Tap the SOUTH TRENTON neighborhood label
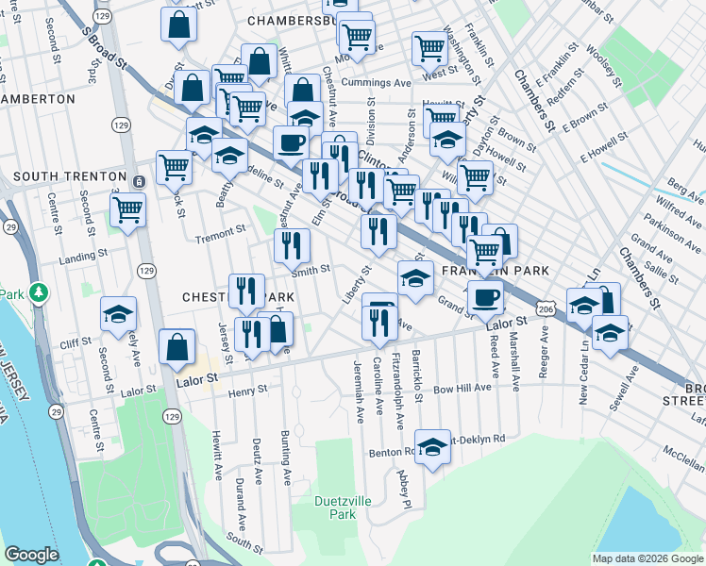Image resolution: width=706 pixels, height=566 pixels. point(69,176)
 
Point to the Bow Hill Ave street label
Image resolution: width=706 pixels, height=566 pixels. point(462,388)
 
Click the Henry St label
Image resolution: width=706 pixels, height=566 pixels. point(248,389)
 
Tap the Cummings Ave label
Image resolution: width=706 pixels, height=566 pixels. point(377,83)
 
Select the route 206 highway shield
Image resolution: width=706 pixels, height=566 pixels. point(545,308)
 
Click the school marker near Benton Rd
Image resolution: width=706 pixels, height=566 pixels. point(432,446)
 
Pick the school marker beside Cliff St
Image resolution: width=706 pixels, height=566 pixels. point(119,313)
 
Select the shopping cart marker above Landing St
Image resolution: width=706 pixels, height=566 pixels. point(127,208)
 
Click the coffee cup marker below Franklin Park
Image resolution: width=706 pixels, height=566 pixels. point(485,297)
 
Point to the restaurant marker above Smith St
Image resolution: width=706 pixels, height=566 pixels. point(292,245)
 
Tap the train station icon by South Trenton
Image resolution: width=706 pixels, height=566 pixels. point(139,181)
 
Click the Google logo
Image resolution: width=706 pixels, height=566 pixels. point(32,555)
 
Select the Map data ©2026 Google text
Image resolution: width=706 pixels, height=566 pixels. point(647,558)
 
